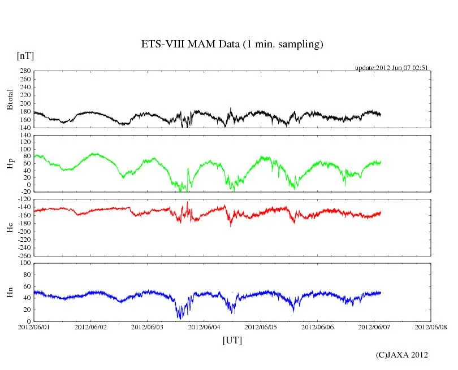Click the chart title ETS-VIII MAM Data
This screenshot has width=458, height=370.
pyautogui.click(x=232, y=45)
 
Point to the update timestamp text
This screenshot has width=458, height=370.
pyautogui.click(x=391, y=68)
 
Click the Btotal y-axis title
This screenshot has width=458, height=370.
pyautogui.click(x=10, y=99)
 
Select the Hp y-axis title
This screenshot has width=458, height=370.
pyautogui.click(x=10, y=163)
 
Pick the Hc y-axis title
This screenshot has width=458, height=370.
pyautogui.click(x=10, y=227)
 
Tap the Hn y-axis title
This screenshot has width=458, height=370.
pyautogui.click(x=10, y=291)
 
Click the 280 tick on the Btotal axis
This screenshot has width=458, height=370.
pyautogui.click(x=25, y=71)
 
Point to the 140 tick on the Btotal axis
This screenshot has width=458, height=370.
pyautogui.click(x=25, y=128)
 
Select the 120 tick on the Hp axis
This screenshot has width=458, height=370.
pyautogui.click(x=25, y=136)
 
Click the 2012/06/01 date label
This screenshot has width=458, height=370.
pyautogui.click(x=34, y=328)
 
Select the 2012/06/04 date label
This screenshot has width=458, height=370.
pyautogui.click(x=204, y=328)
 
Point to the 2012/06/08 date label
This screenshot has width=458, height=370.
pyautogui.click(x=431, y=328)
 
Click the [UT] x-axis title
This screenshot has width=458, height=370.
pyautogui.click(x=232, y=340)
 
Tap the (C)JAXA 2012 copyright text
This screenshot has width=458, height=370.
pyautogui.click(x=401, y=355)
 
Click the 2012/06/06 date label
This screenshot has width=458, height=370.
pyautogui.click(x=317, y=328)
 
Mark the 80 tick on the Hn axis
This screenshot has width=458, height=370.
pyautogui.click(x=27, y=275)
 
